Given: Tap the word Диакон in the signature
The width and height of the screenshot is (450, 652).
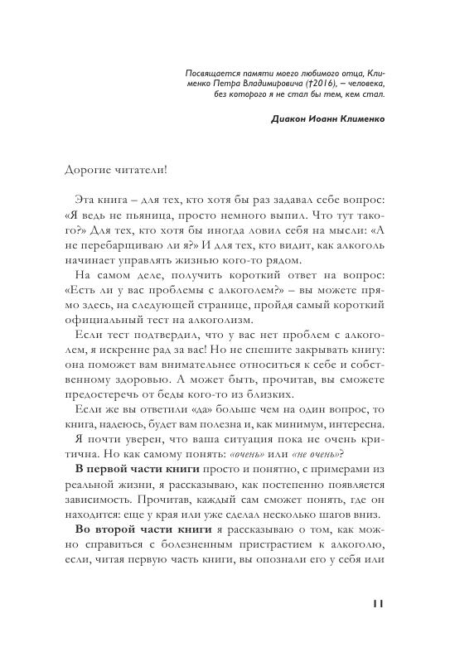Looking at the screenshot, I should point(289,118).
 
